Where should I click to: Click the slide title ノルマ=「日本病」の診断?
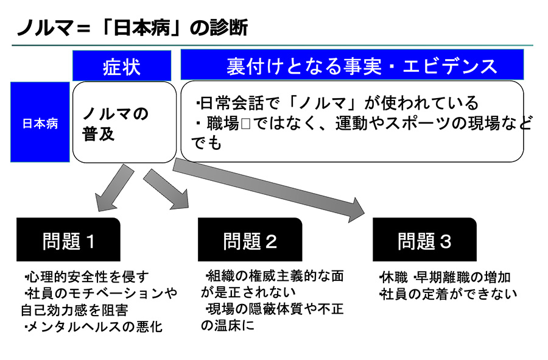[x=133, y=27]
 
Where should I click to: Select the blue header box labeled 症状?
[x=122, y=66]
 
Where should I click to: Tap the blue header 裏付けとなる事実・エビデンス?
[x=352, y=65]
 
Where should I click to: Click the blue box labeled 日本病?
[x=40, y=122]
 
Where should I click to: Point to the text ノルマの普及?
[x=115, y=124]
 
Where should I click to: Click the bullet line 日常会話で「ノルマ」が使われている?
[x=337, y=103]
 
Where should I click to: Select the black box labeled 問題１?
[x=68, y=239]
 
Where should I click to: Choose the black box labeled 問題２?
[x=250, y=239]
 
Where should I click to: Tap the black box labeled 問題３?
[x=424, y=239]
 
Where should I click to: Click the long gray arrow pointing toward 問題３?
[x=269, y=189]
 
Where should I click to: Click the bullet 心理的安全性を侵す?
[x=87, y=277]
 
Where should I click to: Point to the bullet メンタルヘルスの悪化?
[x=94, y=326]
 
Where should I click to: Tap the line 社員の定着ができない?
[x=448, y=294]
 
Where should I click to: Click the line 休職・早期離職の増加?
[x=445, y=278]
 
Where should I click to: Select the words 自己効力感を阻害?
[x=74, y=310]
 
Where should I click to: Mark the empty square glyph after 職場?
[x=246, y=124]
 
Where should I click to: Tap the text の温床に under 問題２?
[x=228, y=325]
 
